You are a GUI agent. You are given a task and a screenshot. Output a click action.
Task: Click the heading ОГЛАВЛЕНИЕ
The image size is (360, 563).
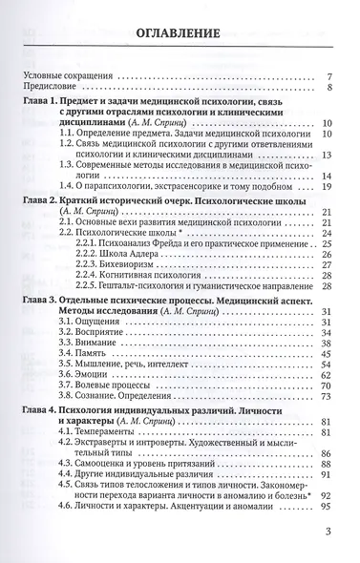coord(180,35)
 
